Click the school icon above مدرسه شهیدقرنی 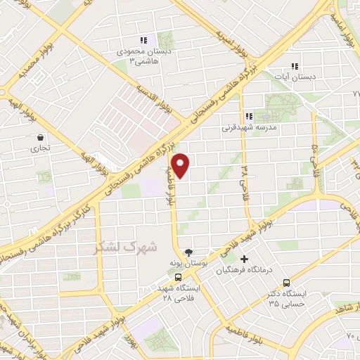point(248,116)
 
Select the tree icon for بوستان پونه point(188,252)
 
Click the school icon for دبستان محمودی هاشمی point(143,41)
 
